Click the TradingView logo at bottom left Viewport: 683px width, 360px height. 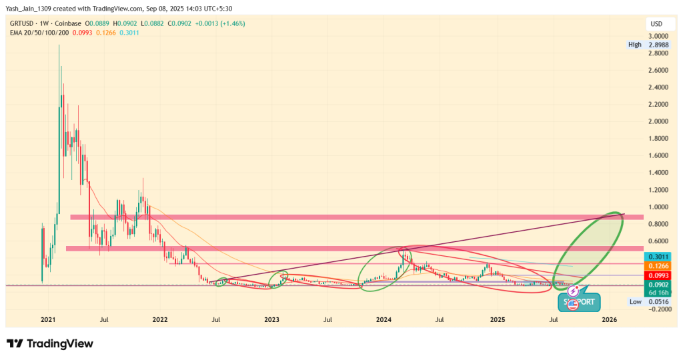pos(50,343)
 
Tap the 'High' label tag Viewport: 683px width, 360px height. pos(635,45)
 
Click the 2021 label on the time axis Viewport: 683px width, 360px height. pos(48,320)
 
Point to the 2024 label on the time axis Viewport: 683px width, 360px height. pos(384,320)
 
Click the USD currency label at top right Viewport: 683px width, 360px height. pos(656,25)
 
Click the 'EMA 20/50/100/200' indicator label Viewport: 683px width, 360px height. pos(39,32)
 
